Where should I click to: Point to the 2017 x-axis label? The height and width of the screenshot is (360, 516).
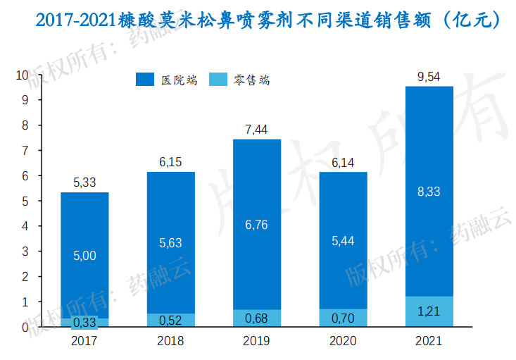(84, 341)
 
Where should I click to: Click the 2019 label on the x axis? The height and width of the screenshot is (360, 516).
(257, 341)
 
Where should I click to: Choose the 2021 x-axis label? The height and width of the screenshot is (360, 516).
(429, 341)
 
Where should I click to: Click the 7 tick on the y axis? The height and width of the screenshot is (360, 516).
(25, 151)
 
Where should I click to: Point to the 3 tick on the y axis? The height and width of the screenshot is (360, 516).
(25, 252)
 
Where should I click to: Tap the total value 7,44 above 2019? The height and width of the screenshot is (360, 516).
(257, 130)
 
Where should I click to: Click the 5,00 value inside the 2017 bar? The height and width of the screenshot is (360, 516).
(84, 256)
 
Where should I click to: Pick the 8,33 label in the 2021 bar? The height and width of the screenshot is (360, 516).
(429, 191)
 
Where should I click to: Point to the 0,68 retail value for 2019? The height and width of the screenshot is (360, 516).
(257, 318)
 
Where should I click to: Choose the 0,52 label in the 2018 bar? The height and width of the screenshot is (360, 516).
(171, 320)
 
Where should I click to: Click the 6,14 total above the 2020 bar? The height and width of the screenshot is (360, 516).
(343, 163)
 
